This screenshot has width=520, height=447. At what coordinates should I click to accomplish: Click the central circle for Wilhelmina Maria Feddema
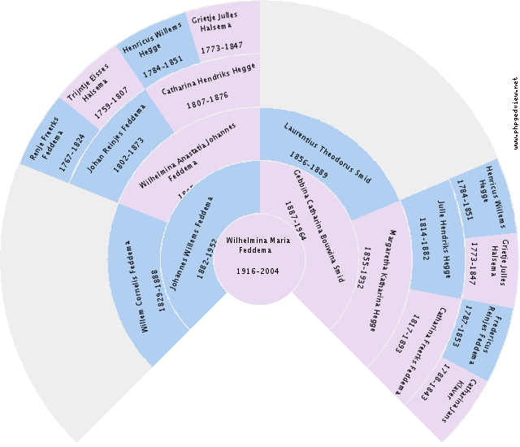point(258,258)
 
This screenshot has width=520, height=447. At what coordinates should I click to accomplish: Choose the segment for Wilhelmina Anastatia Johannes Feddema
point(183,154)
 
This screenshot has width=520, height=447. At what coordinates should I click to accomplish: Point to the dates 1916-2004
point(258,271)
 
